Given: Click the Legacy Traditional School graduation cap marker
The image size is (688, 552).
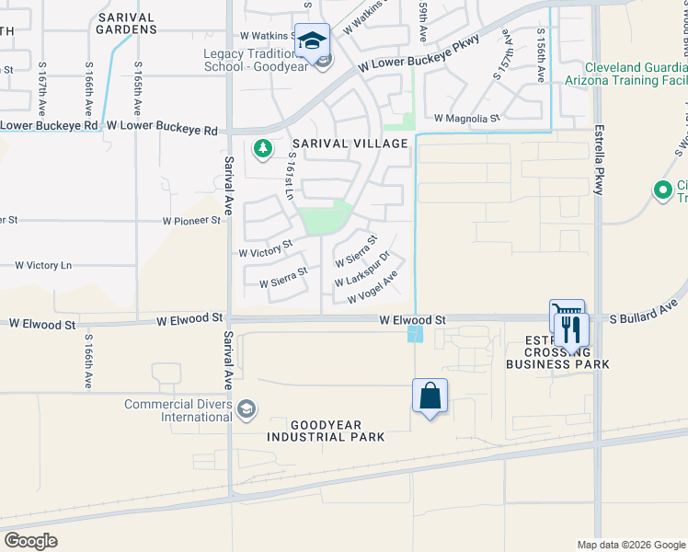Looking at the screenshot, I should coord(313,41).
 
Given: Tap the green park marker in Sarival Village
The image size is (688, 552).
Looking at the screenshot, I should coord(263,148).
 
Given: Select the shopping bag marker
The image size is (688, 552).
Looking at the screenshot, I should coord(430,397).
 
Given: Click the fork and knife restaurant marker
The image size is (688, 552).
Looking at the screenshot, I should coord(571,330).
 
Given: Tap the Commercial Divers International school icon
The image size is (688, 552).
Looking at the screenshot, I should coord(246,409).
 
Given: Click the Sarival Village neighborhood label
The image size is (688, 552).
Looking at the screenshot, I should coord(350,144).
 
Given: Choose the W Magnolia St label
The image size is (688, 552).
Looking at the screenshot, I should coord(466,118).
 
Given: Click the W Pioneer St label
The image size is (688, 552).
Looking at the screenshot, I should coord(192,221).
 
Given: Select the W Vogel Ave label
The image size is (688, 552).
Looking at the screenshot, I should coord(373,288).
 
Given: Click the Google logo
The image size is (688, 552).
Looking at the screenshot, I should coord(30,541).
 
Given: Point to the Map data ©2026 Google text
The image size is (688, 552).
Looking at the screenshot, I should coord(630,544).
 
